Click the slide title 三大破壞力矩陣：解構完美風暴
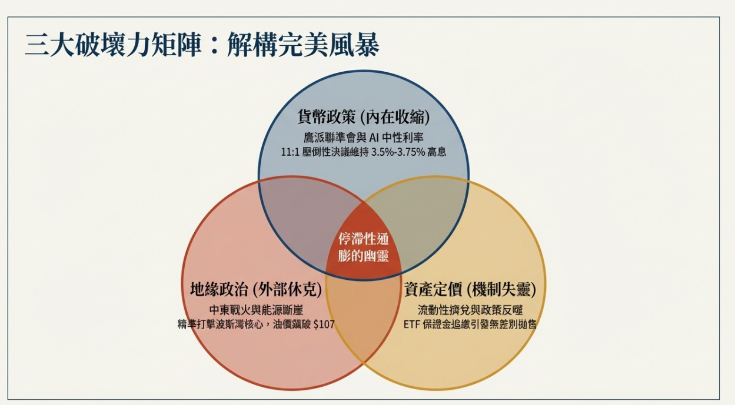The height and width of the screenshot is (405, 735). pyautogui.click(x=202, y=45)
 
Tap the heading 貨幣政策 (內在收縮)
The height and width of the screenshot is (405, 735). pyautogui.click(x=364, y=117)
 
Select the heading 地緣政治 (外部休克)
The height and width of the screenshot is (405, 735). pyautogui.click(x=257, y=289)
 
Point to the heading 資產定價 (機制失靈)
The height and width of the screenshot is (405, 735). pyautogui.click(x=470, y=289)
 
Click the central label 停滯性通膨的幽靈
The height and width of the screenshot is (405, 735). pyautogui.click(x=364, y=247)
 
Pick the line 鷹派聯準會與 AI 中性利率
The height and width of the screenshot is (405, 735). pyautogui.click(x=364, y=138)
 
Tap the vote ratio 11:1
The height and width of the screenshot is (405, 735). pyautogui.click(x=291, y=152)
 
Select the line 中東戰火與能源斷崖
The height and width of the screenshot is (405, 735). pyautogui.click(x=257, y=310)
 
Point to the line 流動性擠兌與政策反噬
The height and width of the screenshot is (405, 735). pyautogui.click(x=470, y=310)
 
